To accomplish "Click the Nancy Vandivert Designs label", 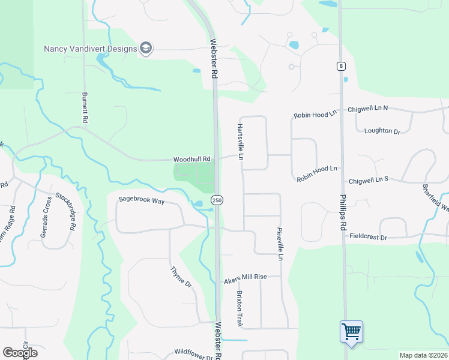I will [90, 49].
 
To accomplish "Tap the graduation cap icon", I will [146, 48].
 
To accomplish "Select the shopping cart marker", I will [351, 331].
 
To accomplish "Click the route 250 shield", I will [217, 200].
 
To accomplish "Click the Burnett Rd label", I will [85, 108].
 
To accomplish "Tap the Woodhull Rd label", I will [192, 160].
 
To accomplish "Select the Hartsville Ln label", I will [240, 142].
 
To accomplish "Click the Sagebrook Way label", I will [141, 201].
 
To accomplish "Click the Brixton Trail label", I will [240, 308].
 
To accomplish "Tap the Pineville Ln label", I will [280, 244].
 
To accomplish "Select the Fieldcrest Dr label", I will [368, 238].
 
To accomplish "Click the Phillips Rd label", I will [343, 212].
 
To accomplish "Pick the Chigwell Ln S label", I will [369, 179].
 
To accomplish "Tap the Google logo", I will [20, 353].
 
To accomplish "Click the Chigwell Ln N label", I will [368, 109].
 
